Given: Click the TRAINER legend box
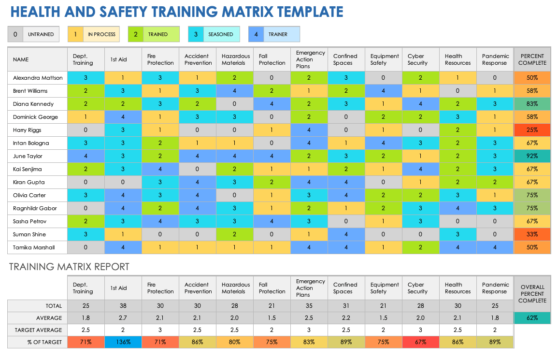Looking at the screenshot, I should (274, 34).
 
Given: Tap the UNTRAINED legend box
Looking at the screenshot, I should (33, 34).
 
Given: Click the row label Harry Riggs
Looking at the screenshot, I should (28, 130).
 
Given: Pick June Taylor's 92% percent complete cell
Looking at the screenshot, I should (532, 156).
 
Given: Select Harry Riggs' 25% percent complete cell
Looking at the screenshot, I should (532, 130).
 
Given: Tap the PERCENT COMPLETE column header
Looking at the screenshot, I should (532, 59).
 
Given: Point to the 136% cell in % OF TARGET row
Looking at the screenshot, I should (123, 342).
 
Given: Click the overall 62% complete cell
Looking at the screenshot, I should (532, 318).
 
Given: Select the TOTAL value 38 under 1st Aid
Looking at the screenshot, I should (123, 306).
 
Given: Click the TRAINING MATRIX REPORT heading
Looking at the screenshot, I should (69, 267).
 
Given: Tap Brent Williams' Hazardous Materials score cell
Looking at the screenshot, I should (235, 91).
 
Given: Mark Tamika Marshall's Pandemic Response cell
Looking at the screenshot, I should (495, 247).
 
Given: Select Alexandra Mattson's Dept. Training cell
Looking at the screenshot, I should (86, 78).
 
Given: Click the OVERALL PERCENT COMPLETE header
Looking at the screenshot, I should (532, 293).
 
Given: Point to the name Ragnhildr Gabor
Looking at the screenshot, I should (35, 208).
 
